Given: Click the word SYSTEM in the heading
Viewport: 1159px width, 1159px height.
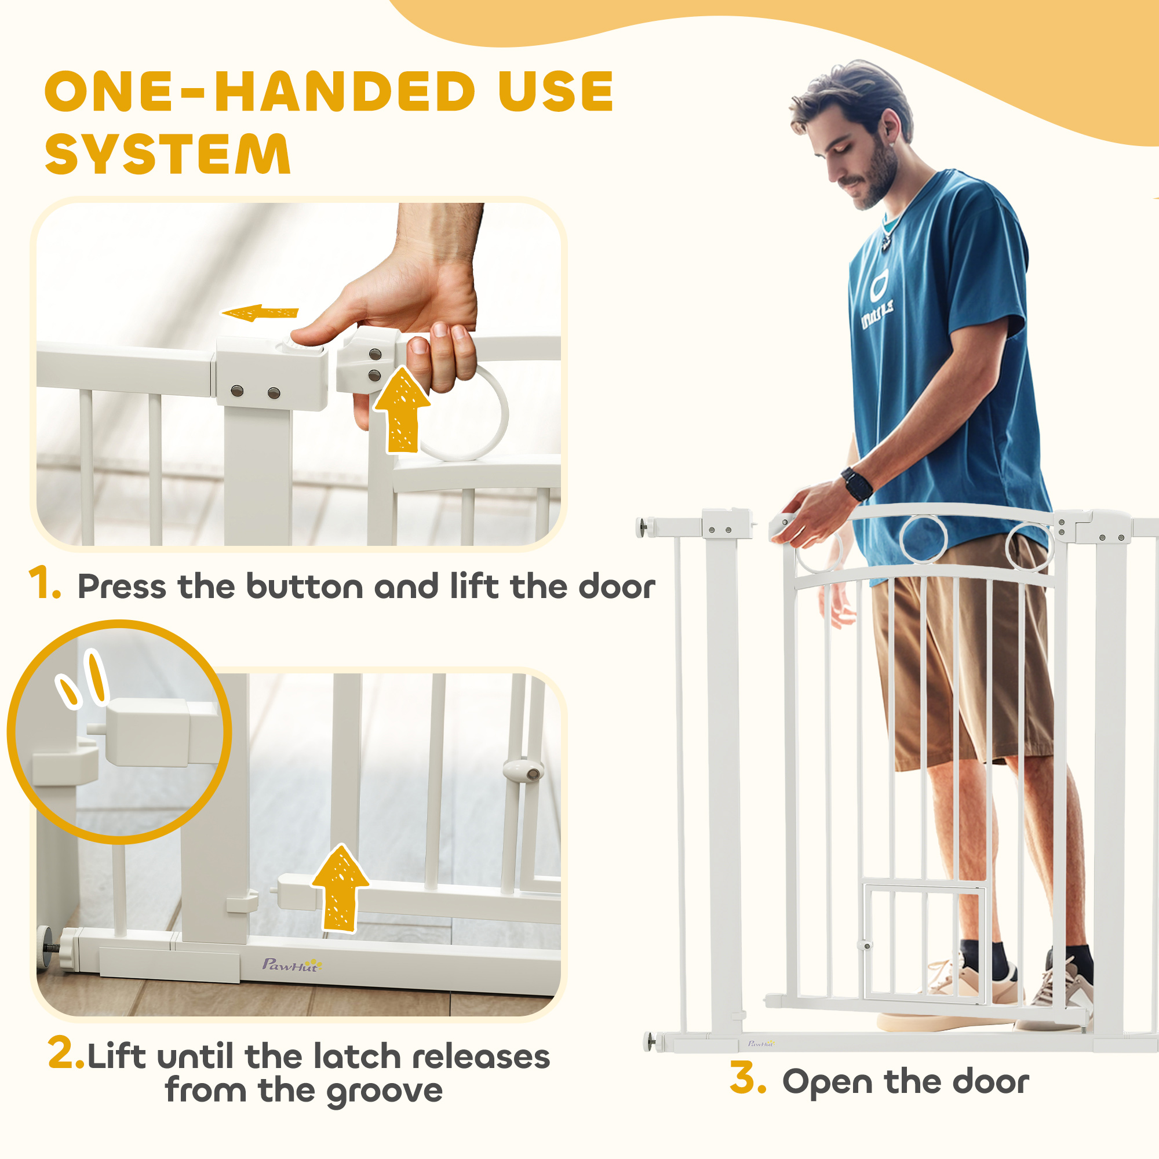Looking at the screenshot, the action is [168, 154].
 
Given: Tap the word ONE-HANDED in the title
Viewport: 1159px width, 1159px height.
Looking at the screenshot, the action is [260, 91].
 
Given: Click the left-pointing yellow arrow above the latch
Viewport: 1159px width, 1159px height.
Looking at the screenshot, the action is [260, 312].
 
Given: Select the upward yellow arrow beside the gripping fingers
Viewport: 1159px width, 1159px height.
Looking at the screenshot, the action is [402, 410].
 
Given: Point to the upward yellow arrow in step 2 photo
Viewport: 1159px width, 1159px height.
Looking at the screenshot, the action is [340, 888].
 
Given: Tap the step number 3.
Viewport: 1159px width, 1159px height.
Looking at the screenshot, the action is [748, 1078].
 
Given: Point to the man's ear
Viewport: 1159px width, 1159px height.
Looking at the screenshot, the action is [890, 126].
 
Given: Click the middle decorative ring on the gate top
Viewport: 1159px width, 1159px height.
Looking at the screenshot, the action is [923, 538].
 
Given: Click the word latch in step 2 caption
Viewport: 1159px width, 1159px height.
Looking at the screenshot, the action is [357, 1056].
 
